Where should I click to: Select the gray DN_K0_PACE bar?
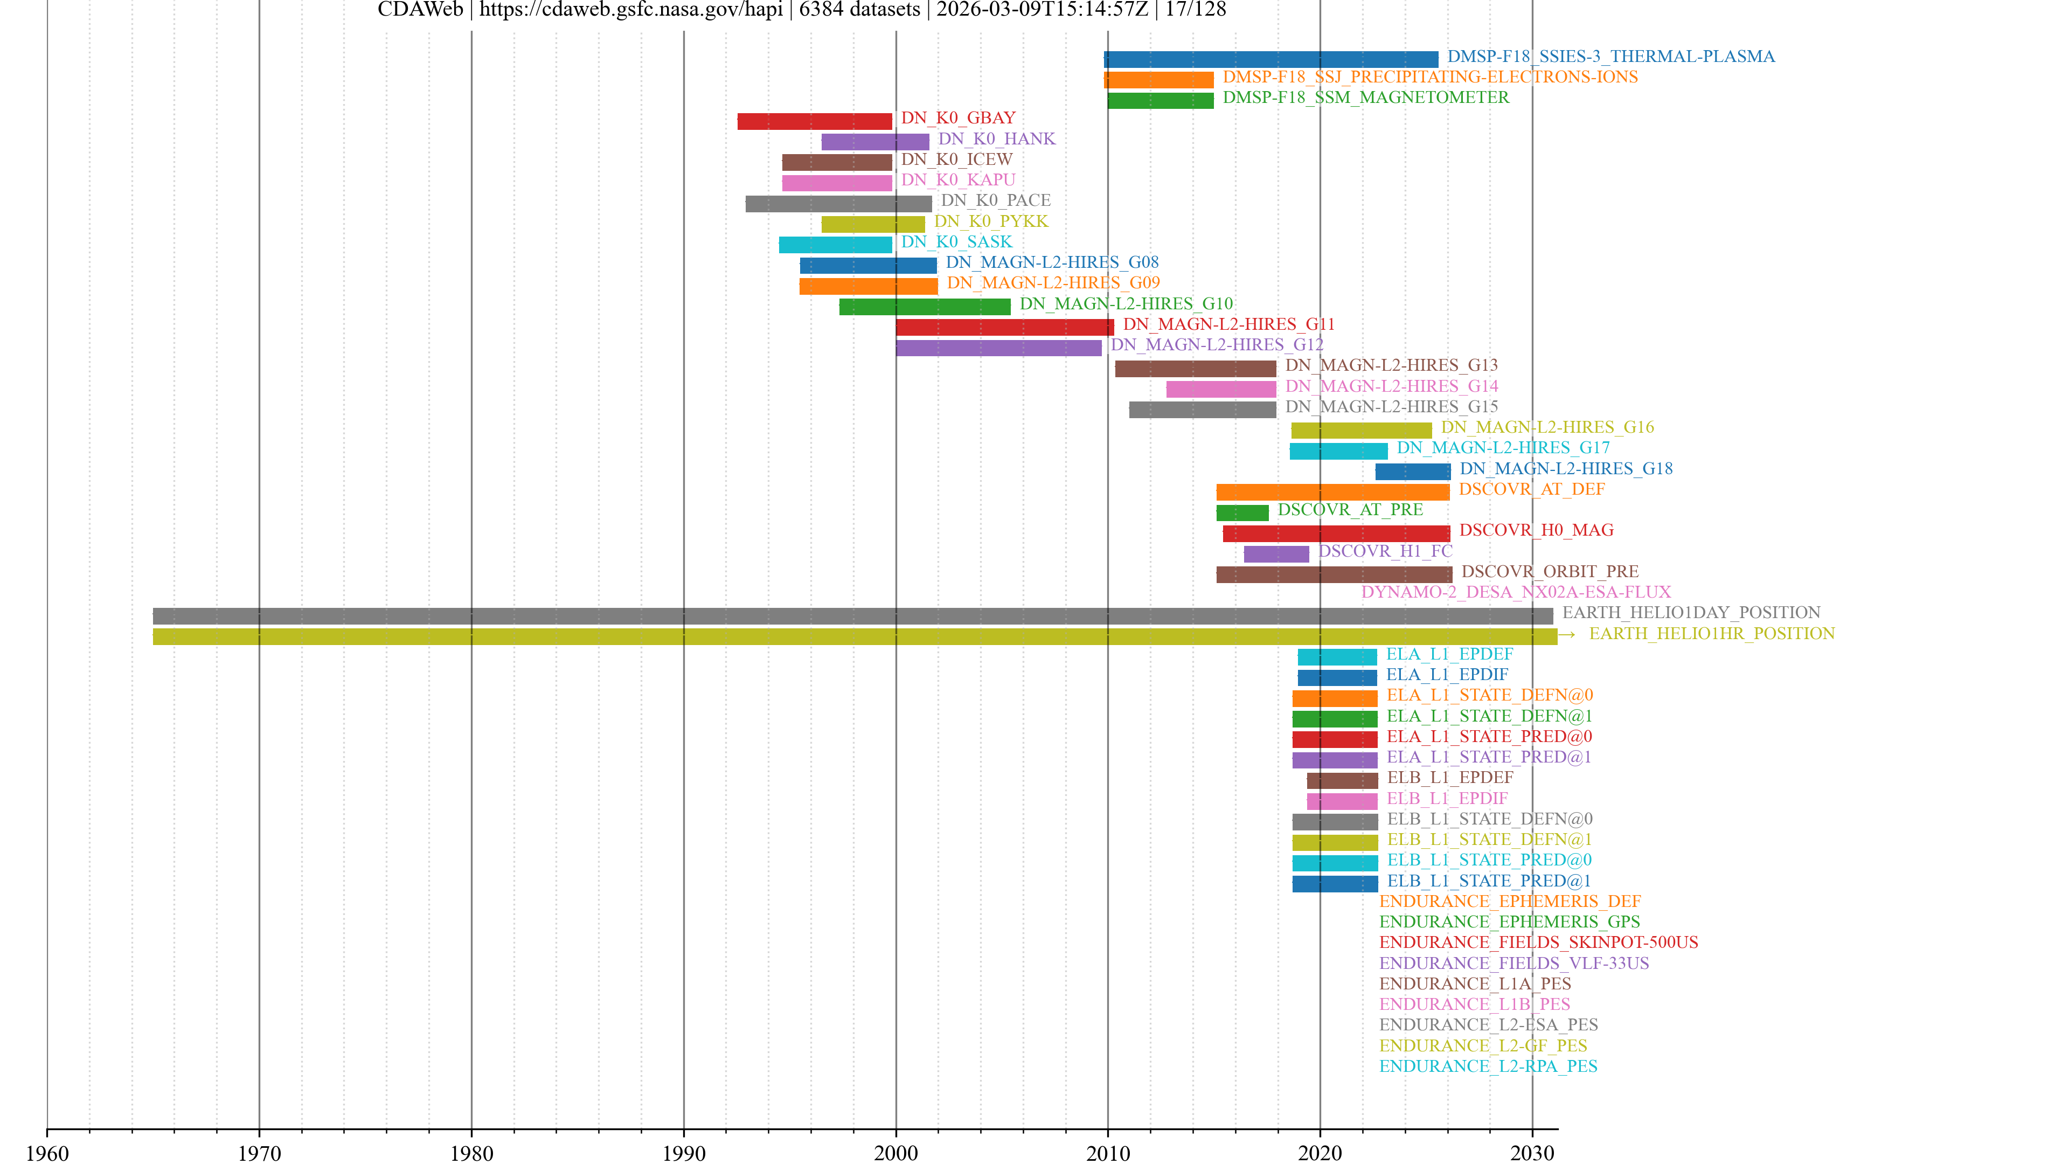[838, 204]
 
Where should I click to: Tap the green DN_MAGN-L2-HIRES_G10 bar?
[925, 307]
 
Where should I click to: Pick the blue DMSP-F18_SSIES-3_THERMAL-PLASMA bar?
[1270, 59]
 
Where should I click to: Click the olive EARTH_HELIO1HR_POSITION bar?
[854, 637]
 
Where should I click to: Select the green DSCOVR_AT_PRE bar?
[1242, 512]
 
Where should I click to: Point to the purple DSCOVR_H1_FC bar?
[1275, 555]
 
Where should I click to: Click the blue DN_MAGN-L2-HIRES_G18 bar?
[1412, 472]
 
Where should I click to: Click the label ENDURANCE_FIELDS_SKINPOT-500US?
[1538, 943]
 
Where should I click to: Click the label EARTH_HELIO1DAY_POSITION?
[1691, 613]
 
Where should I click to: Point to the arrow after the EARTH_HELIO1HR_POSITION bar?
[1567, 635]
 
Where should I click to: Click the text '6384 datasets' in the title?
[859, 10]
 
